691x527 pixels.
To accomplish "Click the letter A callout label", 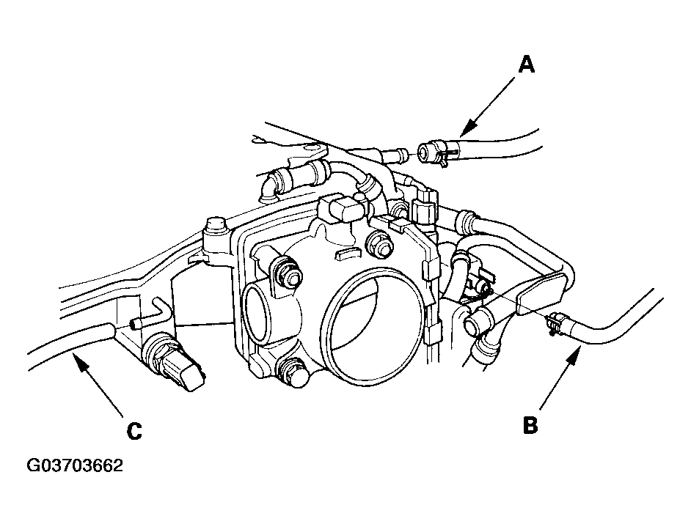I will (526, 65).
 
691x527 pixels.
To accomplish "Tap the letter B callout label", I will (530, 424).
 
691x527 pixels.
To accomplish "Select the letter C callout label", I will (134, 432).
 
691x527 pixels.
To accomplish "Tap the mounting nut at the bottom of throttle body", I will (293, 371).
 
